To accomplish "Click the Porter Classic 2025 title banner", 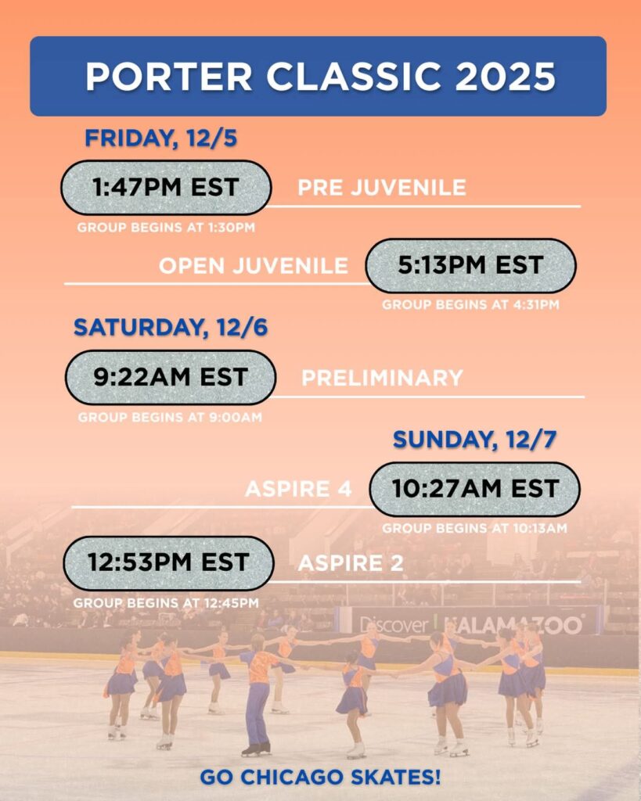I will click(x=319, y=76).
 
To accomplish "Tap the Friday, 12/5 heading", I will click(x=161, y=138).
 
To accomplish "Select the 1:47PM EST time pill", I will click(x=166, y=188).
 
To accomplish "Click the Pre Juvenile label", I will click(x=382, y=188).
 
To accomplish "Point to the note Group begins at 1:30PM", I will click(x=166, y=228).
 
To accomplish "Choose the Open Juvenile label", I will click(x=253, y=265).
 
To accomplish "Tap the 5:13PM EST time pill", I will click(x=470, y=265).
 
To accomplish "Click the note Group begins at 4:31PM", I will click(x=470, y=305).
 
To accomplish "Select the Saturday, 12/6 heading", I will click(x=171, y=328).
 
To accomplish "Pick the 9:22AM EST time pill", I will click(x=170, y=377).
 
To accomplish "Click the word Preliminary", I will click(x=382, y=378).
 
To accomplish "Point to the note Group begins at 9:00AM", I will click(x=170, y=418).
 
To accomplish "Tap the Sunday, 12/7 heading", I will click(x=474, y=440).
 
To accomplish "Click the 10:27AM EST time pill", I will click(x=475, y=489).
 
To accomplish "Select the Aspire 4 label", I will click(x=297, y=490).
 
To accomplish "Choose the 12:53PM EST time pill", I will click(x=168, y=562).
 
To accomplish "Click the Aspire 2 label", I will click(x=351, y=563).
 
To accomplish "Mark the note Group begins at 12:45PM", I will click(x=166, y=603).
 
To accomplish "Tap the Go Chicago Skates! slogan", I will click(x=320, y=778).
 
